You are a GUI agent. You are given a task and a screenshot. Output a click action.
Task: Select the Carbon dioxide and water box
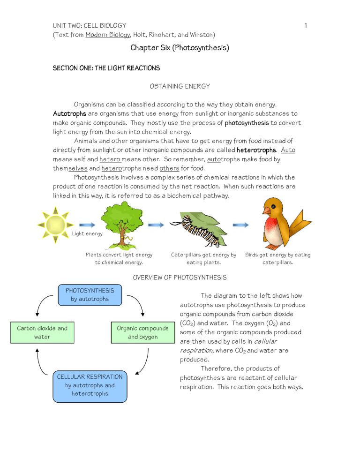[42, 332]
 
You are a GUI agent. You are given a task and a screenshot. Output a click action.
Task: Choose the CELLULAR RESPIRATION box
[89, 385]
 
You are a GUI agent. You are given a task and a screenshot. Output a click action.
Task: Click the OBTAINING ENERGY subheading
[180, 86]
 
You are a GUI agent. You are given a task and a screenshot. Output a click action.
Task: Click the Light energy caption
[87, 233]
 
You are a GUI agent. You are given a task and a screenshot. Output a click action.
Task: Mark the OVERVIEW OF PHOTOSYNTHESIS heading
[180, 278]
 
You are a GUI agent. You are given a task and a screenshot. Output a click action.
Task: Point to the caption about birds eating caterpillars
[277, 258]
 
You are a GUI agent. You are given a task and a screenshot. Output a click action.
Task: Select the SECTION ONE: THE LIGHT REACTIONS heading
[106, 68]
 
